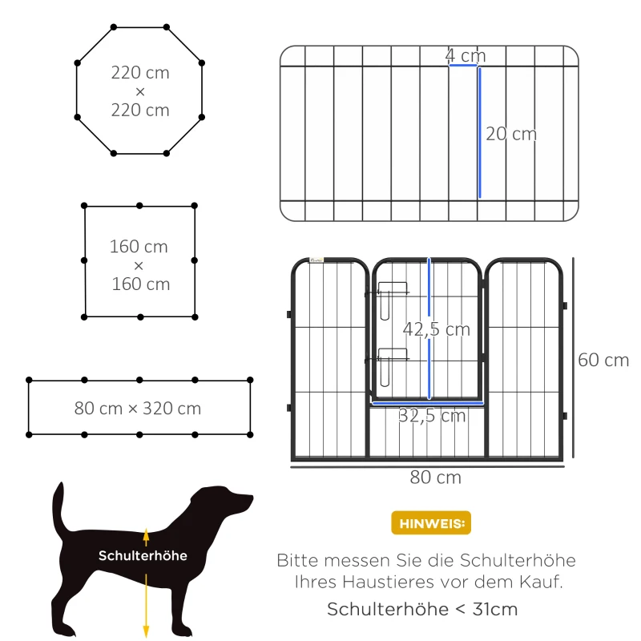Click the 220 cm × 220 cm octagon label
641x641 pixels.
tap(140, 91)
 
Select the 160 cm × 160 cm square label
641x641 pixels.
tap(140, 264)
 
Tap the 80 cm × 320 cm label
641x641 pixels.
tap(138, 409)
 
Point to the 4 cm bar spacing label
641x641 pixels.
tap(466, 55)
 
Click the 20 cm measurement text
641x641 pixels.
tap(511, 134)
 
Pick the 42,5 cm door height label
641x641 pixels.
tap(436, 329)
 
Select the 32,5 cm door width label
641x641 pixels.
tap(432, 415)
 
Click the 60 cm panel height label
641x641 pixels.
tap(603, 360)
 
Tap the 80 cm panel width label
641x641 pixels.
tap(435, 478)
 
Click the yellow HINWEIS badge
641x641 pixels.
tap(431, 523)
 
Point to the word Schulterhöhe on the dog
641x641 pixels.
tap(143, 555)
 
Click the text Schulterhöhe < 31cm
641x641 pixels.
tap(422, 609)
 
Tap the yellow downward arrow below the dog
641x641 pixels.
tap(146, 609)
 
